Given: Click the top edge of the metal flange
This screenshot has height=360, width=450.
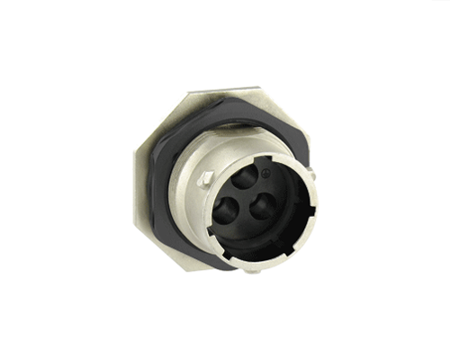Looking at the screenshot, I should point(225,93).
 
